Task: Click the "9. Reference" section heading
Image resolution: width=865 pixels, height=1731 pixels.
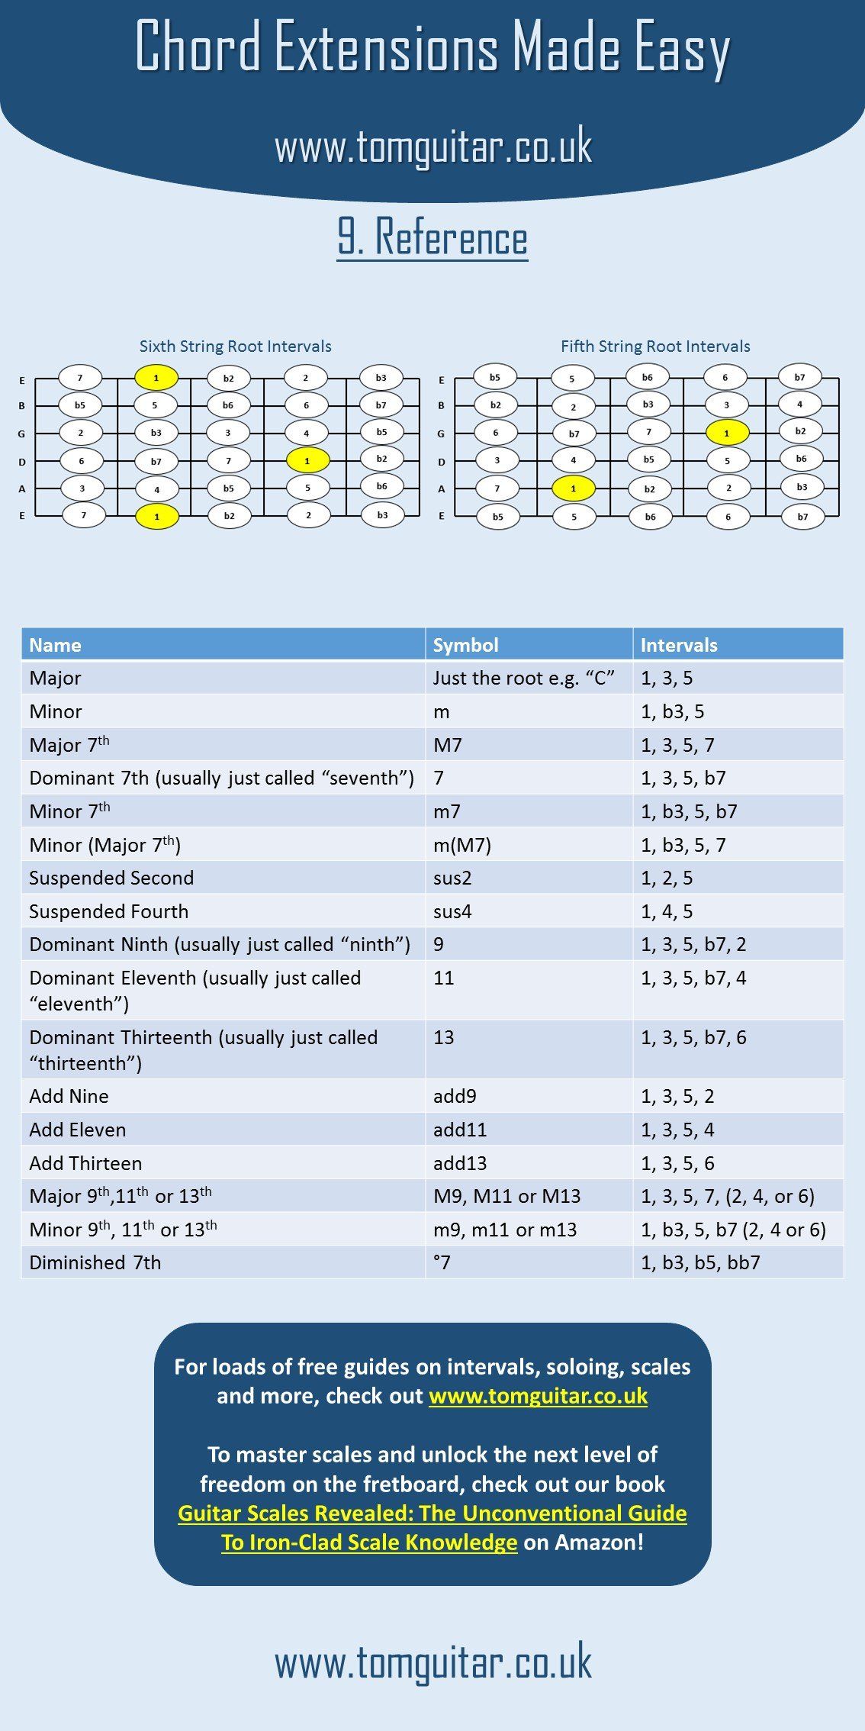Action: click(x=432, y=237)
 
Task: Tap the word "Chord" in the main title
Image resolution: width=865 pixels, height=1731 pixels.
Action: click(x=200, y=47)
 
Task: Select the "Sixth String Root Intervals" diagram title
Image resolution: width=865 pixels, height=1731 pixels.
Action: click(x=235, y=347)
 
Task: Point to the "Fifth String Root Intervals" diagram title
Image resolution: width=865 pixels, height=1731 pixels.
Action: click(x=655, y=347)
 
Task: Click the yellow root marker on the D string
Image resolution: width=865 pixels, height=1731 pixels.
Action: click(x=307, y=460)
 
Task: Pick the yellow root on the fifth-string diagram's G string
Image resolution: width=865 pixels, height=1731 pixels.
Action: click(x=726, y=433)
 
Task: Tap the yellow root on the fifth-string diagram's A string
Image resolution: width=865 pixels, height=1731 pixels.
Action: click(x=573, y=488)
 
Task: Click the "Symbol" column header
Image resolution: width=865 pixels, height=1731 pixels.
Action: click(x=466, y=645)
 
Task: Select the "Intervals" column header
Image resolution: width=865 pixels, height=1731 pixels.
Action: click(x=679, y=645)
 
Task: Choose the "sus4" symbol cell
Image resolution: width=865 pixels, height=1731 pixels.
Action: click(x=452, y=911)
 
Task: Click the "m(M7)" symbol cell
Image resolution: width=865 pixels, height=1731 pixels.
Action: click(x=462, y=845)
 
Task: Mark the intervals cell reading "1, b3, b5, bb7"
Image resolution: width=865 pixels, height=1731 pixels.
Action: click(x=700, y=1262)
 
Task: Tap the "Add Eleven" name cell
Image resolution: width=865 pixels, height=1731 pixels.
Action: click(x=78, y=1130)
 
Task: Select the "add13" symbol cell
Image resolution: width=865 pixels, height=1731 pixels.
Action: click(x=460, y=1163)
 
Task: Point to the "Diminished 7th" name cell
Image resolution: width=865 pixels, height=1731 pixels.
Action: click(x=95, y=1262)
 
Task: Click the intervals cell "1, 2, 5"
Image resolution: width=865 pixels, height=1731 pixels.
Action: click(x=667, y=878)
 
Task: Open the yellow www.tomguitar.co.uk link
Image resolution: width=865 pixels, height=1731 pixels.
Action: click(x=539, y=1396)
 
